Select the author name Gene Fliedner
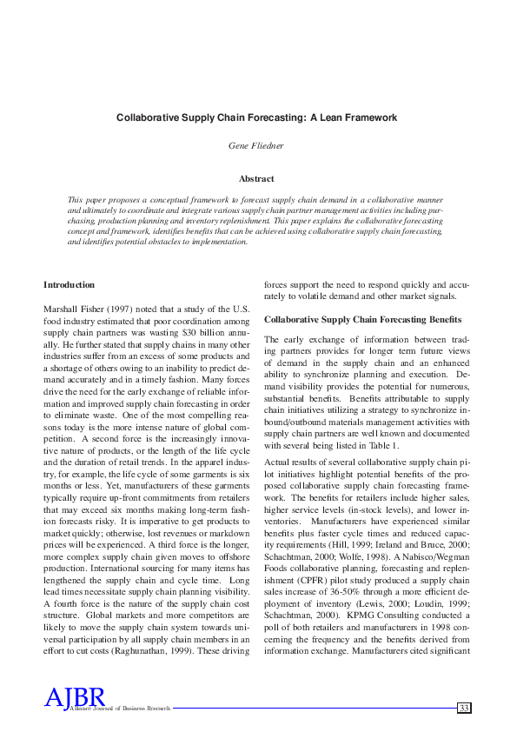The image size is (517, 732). pyautogui.click(x=258, y=147)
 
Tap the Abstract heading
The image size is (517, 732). pyautogui.click(x=257, y=178)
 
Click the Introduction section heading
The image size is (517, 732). pyautogui.click(x=70, y=285)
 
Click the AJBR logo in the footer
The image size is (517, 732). pyautogui.click(x=75, y=697)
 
